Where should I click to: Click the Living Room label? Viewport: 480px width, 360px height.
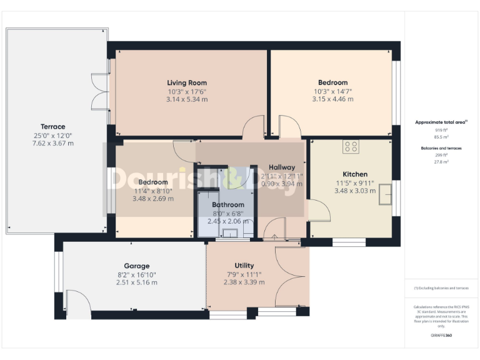tap(186, 82)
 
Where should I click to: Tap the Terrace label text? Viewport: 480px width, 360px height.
tap(53, 127)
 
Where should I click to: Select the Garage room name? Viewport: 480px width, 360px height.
tap(136, 266)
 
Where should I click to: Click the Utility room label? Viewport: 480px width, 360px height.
tap(244, 266)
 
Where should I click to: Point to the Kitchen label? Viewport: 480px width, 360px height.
tap(354, 174)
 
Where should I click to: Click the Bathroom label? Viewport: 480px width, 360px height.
tap(227, 204)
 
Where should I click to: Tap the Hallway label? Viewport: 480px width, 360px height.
tap(281, 167)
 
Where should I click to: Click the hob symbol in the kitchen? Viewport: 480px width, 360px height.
tap(351, 147)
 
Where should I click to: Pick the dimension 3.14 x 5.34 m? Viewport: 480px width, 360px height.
tap(186, 99)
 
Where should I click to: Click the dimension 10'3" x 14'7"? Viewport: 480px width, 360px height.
tap(332, 91)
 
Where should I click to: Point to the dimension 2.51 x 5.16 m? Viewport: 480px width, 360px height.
tap(136, 282)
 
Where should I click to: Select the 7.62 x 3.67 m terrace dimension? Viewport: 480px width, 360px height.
tap(53, 143)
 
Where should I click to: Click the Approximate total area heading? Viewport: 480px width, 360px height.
tap(441, 122)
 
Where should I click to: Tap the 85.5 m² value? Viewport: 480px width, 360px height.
tap(441, 136)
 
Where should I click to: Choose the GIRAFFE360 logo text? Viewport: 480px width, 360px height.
tap(441, 336)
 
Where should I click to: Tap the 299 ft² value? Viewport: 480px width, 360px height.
tap(441, 155)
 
